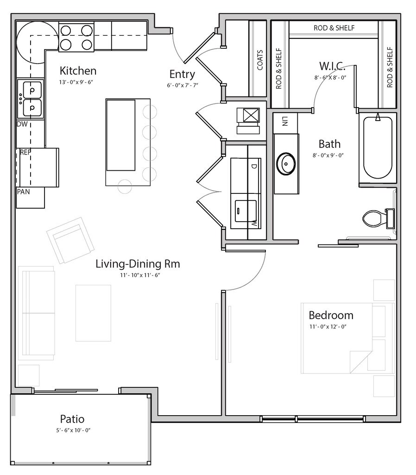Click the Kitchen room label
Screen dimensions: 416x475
pyautogui.click(x=78, y=71)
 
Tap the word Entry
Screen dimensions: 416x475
pyautogui.click(x=182, y=74)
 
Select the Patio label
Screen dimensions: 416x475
pyautogui.click(x=72, y=419)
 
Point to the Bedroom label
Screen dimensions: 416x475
pyautogui.click(x=331, y=315)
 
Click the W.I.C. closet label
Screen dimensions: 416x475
pyautogui.click(x=332, y=66)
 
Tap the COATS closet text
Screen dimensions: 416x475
pyautogui.click(x=260, y=60)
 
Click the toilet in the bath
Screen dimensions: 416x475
pyautogui.click(x=378, y=218)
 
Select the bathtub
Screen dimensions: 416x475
pyautogui.click(x=377, y=148)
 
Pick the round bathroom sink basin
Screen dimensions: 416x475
pyautogui.click(x=286, y=164)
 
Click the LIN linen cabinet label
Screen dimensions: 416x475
pyautogui.click(x=285, y=121)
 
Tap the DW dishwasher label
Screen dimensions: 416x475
pyautogui.click(x=22, y=124)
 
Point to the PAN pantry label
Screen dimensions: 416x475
pyautogui.click(x=23, y=192)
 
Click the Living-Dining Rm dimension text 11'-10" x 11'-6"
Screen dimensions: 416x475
pyautogui.click(x=140, y=275)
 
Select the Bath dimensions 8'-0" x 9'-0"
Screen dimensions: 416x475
pyautogui.click(x=328, y=155)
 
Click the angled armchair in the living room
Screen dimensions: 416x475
pyautogui.click(x=70, y=240)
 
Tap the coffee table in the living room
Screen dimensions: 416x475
pyautogui.click(x=93, y=313)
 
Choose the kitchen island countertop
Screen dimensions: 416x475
pyautogui.click(x=128, y=142)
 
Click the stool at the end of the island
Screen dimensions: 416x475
pyautogui.click(x=125, y=186)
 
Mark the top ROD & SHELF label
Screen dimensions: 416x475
pyautogui.click(x=334, y=28)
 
